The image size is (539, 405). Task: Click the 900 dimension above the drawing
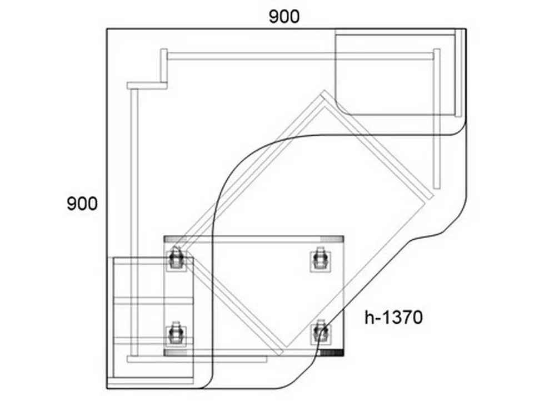point(284,17)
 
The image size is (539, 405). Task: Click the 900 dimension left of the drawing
point(82,204)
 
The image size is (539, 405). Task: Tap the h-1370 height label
point(393,317)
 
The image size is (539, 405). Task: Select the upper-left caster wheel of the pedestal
point(176,259)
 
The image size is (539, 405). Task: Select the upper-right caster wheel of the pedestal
point(320,259)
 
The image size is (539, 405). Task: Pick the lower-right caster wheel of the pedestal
point(321,333)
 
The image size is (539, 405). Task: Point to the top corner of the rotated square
point(324,91)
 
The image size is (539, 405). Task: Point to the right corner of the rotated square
point(434,196)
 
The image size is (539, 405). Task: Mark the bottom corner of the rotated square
point(281,354)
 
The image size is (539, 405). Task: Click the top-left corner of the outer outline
point(107,29)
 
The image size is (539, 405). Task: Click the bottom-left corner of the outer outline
point(107,389)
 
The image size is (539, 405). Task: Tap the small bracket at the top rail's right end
point(437,55)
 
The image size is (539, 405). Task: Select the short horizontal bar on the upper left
point(147,86)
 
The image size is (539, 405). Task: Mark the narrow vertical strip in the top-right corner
point(458,73)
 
